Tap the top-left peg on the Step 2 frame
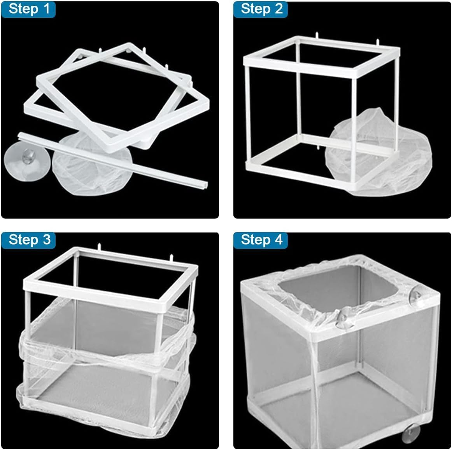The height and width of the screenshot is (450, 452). coord(317,35)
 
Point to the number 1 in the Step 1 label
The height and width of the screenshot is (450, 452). coord(47,9)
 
